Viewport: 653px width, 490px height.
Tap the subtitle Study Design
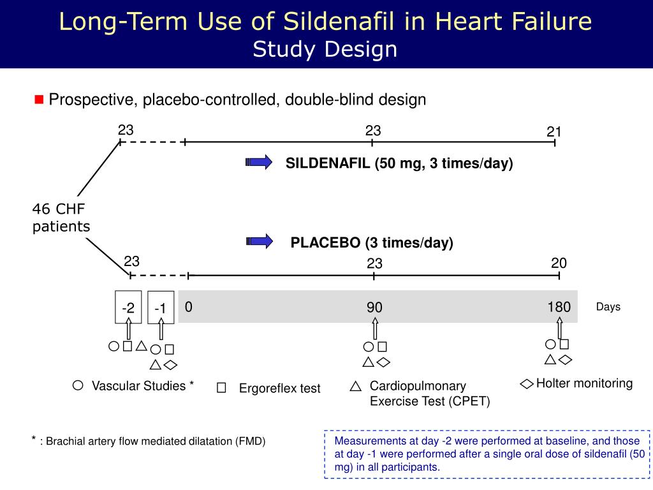point(325,49)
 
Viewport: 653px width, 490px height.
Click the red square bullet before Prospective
point(38,100)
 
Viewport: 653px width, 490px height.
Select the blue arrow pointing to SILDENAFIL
point(259,163)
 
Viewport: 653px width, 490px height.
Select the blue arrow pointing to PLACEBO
point(259,241)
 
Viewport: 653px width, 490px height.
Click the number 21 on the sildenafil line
point(554,131)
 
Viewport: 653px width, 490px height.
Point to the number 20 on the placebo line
point(559,264)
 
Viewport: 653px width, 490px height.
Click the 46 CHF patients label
point(61,218)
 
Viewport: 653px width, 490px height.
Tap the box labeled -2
point(128,308)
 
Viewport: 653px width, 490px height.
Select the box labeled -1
point(161,309)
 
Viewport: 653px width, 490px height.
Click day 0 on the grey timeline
point(189,307)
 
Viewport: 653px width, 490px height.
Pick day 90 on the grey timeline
point(374,308)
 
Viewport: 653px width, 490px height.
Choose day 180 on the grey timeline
point(559,307)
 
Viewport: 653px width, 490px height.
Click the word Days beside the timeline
point(608,307)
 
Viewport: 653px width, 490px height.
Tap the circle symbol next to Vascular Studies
point(78,385)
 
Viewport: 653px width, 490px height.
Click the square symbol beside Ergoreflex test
point(221,388)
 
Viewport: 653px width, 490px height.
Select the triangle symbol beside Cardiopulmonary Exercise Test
point(356,386)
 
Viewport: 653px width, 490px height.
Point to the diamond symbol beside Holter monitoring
point(527,384)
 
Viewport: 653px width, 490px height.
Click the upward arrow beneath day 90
point(375,329)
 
